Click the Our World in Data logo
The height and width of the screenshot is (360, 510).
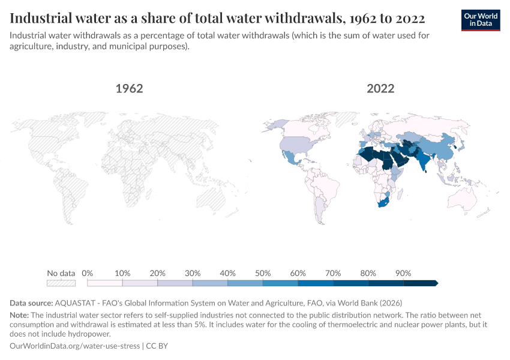coord(481,20)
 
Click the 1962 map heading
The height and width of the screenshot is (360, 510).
coord(129,89)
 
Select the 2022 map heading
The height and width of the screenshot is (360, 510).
coord(380,89)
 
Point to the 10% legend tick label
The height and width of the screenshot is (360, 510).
coord(122,273)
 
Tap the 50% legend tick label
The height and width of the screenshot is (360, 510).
coord(262,273)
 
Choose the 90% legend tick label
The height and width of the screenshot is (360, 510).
coord(403,273)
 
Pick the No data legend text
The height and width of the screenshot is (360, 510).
coord(61,273)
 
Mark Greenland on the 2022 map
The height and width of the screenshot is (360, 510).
coord(346,118)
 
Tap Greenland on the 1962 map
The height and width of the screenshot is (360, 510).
coord(94,118)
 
